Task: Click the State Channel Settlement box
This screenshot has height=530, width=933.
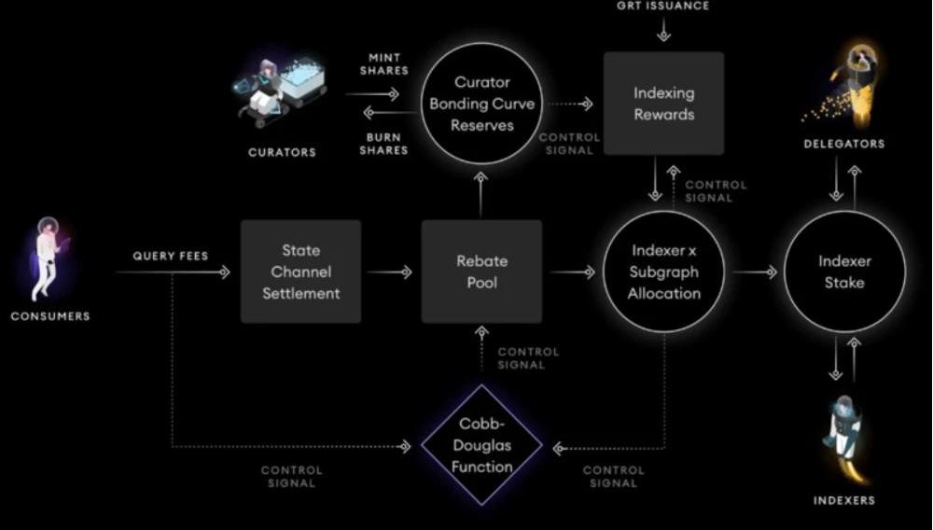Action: [300, 272]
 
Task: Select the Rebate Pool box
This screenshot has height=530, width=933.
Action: [481, 272]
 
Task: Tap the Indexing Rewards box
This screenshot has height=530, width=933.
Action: [663, 103]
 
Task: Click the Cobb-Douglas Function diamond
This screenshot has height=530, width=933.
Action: [481, 445]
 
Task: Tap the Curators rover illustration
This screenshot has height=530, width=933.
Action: [280, 91]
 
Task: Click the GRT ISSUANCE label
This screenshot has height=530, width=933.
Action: [662, 6]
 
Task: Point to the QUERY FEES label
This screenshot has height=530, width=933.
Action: [170, 256]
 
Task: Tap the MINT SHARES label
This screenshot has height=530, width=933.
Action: [384, 64]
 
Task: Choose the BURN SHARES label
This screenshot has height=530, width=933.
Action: [383, 144]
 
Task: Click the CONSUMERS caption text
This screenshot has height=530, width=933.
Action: [50, 316]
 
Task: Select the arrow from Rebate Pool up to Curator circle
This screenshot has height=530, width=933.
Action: [480, 194]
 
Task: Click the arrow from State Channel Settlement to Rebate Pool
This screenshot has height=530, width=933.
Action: [390, 272]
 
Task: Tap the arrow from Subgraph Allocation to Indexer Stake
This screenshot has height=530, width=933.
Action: [755, 272]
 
